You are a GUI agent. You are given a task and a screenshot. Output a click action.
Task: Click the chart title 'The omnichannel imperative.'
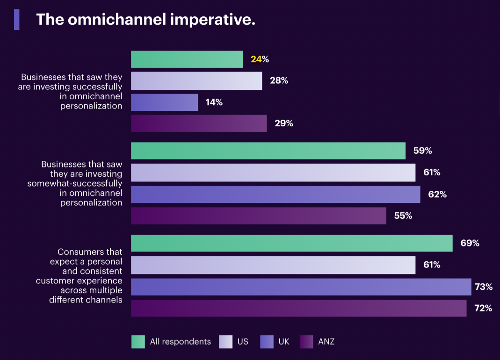pos(145,20)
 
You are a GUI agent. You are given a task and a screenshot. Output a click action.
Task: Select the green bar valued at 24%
pos(187,59)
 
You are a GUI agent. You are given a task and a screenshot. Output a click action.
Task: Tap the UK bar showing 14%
pos(164,102)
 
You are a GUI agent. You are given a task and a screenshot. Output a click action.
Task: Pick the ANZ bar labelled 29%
pos(199,123)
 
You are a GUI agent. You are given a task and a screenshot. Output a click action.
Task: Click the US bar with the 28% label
pos(196,81)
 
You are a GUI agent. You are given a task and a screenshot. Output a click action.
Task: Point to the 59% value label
pos(422,151)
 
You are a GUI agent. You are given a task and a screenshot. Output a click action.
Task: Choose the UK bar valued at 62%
pos(275,194)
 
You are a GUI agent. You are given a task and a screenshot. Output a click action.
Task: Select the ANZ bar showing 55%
pos(259,216)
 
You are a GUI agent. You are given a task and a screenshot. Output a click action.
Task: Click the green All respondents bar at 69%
pos(291,243)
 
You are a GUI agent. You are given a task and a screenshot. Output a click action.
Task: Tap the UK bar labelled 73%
pos(301,287)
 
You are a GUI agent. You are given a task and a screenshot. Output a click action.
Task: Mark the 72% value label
pos(483,309)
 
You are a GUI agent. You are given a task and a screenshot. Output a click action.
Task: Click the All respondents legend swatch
pos(138,342)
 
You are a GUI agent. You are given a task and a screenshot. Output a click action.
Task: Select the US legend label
pos(243,342)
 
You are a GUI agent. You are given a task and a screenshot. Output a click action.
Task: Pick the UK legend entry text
pos(284,342)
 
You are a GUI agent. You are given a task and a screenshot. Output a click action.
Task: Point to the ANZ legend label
pos(326,342)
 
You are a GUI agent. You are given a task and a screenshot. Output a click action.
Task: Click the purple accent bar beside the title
pos(17,20)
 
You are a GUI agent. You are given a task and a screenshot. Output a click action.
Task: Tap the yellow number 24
pos(256,59)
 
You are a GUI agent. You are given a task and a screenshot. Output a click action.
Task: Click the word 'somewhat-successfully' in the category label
pos(75,184)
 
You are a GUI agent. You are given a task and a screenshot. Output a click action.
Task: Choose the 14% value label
pos(214,102)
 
